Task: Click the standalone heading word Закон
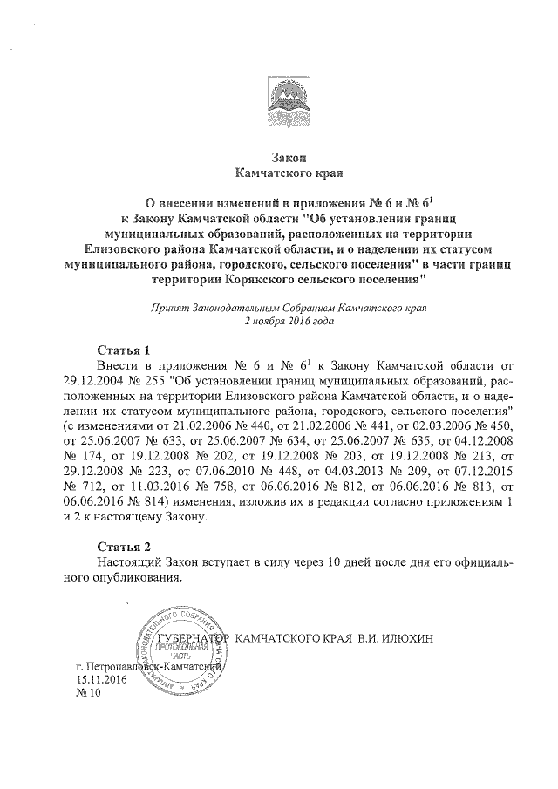[x=283, y=157]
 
